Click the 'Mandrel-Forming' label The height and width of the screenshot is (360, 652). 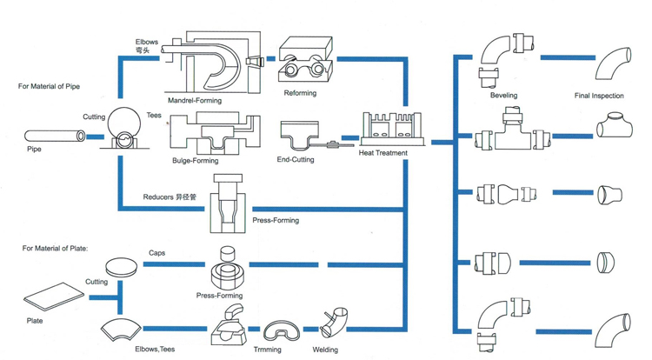(195, 101)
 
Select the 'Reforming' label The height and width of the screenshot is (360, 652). (300, 93)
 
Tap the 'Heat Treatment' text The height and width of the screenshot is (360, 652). (383, 153)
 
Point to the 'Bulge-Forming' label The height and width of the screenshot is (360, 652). (196, 161)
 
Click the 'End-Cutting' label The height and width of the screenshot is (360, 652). (296, 160)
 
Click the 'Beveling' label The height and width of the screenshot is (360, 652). (503, 96)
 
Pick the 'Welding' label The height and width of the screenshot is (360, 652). (325, 350)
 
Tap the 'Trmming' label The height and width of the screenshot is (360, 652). (267, 350)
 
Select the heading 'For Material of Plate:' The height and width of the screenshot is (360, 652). (55, 250)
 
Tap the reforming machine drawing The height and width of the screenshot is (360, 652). (304, 61)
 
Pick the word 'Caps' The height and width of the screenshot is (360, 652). (157, 253)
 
